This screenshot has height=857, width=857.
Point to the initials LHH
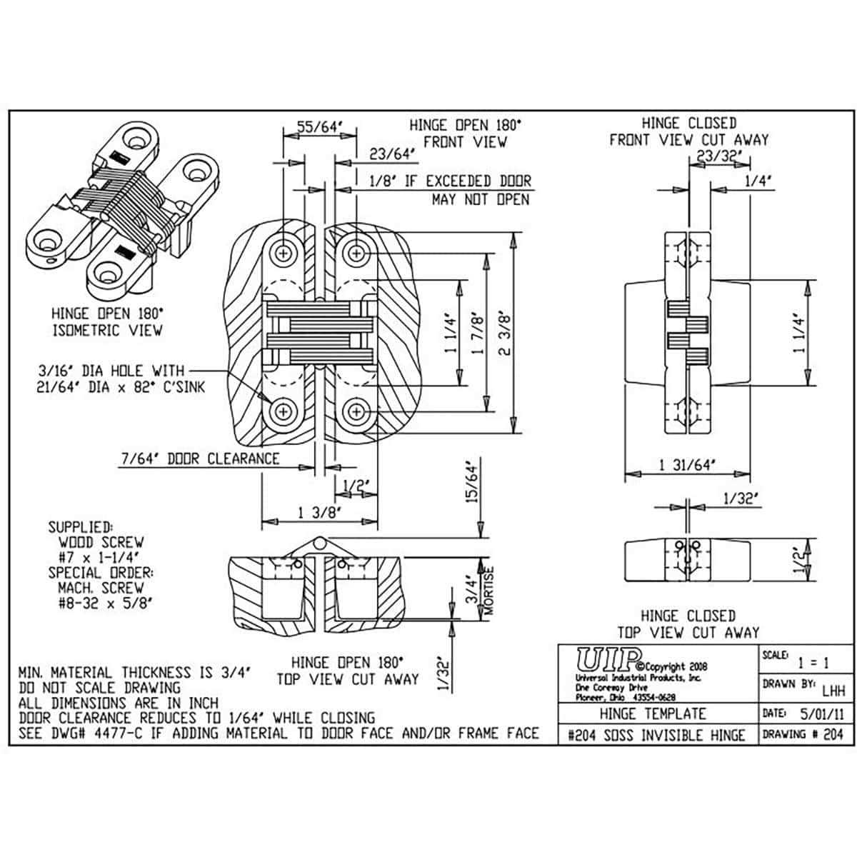click(x=833, y=691)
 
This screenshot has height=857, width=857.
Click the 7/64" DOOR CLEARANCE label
click(x=201, y=458)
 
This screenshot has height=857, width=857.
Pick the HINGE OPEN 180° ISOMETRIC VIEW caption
click(x=107, y=321)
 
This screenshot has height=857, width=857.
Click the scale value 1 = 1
click(x=813, y=662)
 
